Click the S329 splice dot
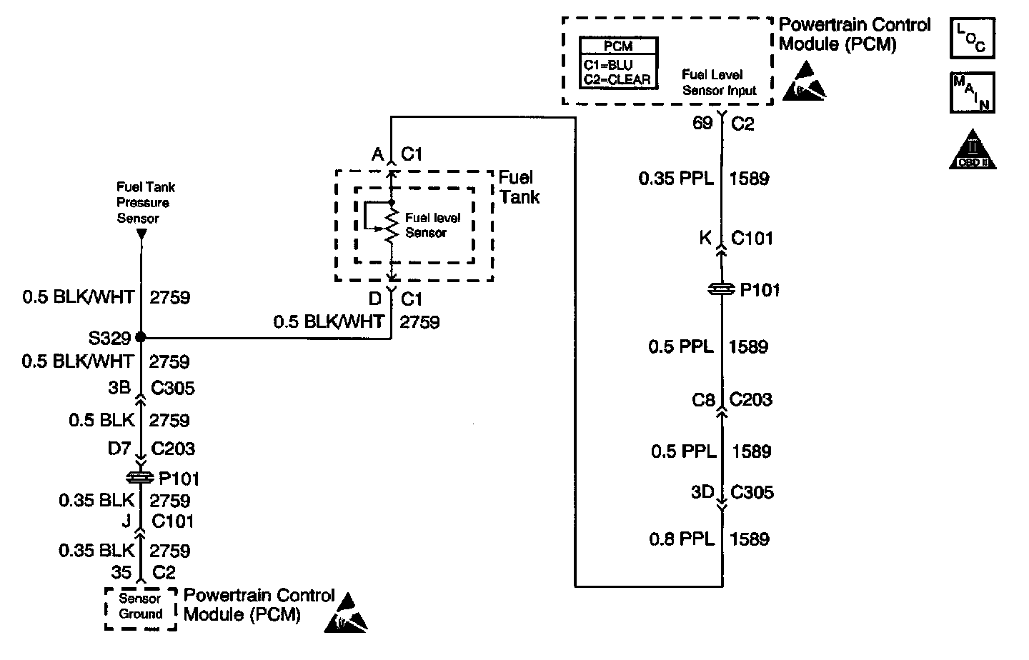coord(141,337)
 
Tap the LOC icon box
coord(973,38)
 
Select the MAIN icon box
coord(973,92)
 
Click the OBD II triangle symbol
coord(973,150)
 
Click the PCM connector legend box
coord(618,63)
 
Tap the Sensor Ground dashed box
coord(141,609)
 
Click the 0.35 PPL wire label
coord(676,178)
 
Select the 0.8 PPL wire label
coord(682,539)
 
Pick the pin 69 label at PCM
coord(702,123)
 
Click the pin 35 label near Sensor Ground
coord(121,572)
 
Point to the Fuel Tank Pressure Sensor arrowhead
coord(141,234)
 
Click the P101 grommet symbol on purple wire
coord(721,289)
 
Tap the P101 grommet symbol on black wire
coord(139,478)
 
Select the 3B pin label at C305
coord(119,388)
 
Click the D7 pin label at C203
coord(119,448)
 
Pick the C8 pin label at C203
coord(703,399)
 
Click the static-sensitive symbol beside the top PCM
coord(805,81)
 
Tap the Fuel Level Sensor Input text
coord(720,82)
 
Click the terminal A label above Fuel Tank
coord(377,154)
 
